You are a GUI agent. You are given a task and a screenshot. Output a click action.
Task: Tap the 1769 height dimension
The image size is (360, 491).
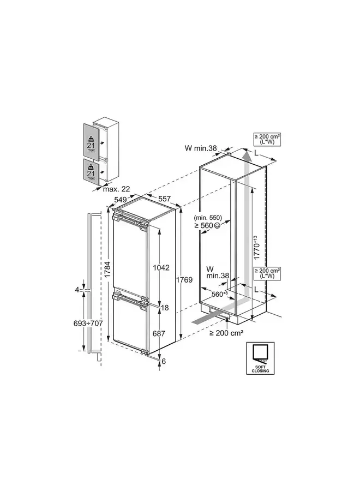pos(185,280)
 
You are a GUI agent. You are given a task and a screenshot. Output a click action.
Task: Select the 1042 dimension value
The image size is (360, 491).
pos(162,268)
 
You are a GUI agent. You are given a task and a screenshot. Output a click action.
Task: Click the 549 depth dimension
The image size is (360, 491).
pos(121,200)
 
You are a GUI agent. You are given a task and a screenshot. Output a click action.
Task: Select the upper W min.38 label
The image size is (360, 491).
pos(200,147)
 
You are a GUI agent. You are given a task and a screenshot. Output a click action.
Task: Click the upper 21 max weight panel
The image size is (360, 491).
pos(91,143)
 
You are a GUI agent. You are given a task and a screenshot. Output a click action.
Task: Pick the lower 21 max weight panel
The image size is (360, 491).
pos(91,171)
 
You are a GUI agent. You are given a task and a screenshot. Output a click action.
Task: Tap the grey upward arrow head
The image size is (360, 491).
pos(247,157)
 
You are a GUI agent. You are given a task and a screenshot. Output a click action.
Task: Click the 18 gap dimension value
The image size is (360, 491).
pos(165,308)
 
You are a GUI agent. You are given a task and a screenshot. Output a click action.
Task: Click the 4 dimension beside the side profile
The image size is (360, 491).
pos(77,290)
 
